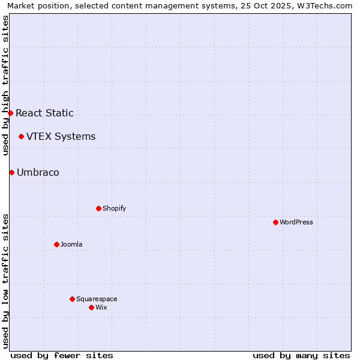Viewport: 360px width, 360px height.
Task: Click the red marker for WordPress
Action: [x=275, y=222]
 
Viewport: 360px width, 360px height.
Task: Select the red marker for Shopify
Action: [x=98, y=208]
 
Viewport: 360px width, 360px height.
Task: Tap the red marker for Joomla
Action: [x=56, y=244]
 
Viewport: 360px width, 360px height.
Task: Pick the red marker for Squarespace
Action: [x=72, y=299]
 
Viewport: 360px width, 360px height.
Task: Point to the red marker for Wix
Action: [x=91, y=307]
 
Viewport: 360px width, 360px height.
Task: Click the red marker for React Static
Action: [x=10, y=113]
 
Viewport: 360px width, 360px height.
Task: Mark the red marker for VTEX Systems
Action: [x=21, y=136]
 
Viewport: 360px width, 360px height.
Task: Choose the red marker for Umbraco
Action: [x=11, y=172]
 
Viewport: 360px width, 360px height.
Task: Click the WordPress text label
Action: [x=296, y=222]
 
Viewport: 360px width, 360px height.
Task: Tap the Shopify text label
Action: [x=115, y=208]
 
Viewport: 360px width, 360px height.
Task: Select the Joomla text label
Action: [x=71, y=244]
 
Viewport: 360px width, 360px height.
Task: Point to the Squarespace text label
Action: [x=97, y=299]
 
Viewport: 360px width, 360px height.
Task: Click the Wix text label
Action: [x=101, y=307]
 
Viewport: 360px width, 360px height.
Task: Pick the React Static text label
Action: [x=44, y=113]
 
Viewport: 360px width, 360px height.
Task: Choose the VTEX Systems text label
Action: [x=61, y=136]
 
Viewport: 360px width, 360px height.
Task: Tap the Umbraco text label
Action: [x=38, y=172]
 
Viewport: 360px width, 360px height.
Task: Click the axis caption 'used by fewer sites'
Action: [x=62, y=355]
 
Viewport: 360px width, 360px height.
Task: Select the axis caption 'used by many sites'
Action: [x=301, y=355]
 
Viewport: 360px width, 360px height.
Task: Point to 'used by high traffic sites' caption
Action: [x=6, y=85]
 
